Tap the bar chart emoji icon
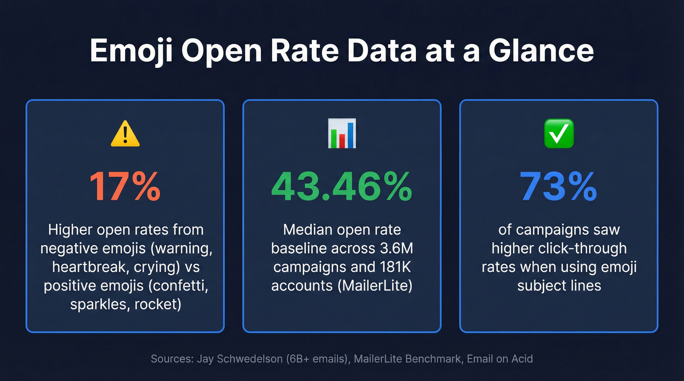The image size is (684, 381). click(342, 133)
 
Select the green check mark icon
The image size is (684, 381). click(558, 134)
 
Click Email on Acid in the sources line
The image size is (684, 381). click(499, 359)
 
